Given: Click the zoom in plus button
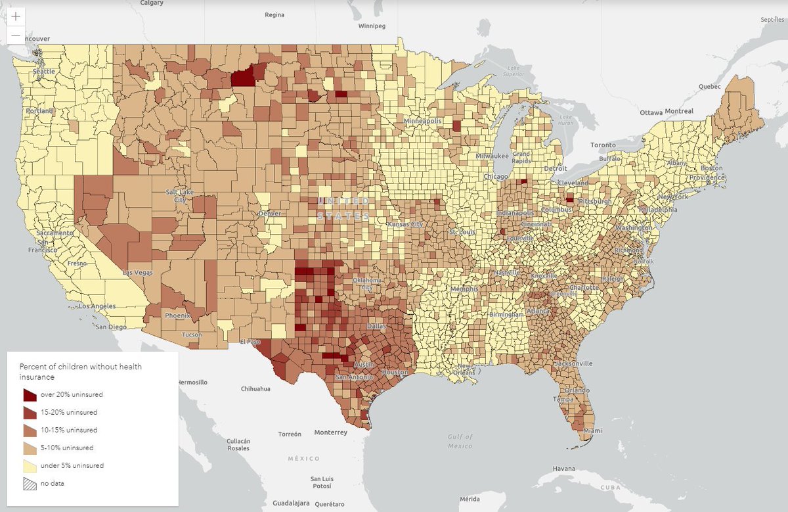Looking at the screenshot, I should tap(16, 16).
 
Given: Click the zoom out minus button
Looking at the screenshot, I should tap(16, 35).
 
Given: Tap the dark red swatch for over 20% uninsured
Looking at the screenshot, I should tap(30, 395).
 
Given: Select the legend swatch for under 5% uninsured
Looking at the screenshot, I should tap(30, 465).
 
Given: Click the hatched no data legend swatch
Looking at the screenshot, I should tap(30, 483).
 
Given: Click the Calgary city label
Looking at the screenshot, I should tap(152, 3).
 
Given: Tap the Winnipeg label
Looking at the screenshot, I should tap(372, 26).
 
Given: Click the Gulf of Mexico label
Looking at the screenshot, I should tap(460, 442).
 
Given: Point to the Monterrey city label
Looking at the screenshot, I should tap(330, 432).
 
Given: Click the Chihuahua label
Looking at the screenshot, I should tap(255, 388).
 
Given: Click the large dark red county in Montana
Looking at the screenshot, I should tap(243, 78).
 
